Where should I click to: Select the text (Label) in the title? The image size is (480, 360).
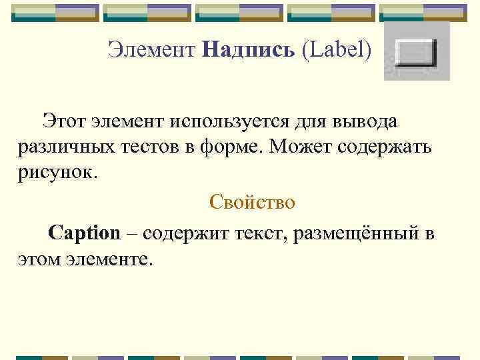tap(337, 49)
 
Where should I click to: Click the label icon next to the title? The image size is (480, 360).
tap(416, 52)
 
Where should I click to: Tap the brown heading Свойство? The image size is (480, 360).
tap(251, 201)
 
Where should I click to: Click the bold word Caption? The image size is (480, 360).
tap(84, 233)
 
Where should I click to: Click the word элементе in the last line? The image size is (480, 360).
tap(110, 258)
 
